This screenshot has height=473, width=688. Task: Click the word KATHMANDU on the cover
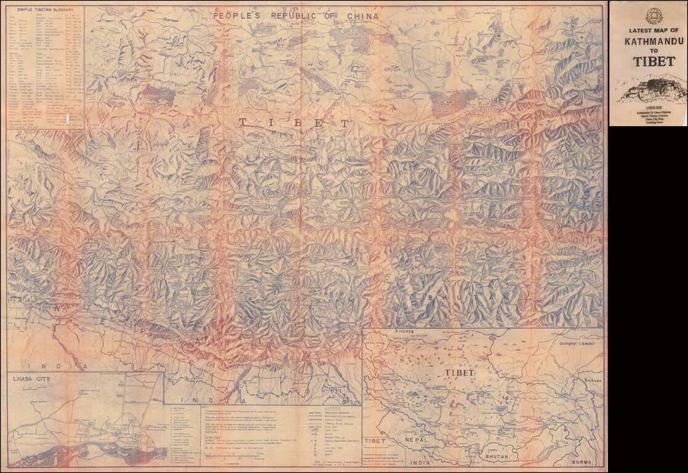click(649, 42)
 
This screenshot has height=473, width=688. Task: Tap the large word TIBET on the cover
click(649, 62)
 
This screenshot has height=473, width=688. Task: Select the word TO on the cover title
click(649, 52)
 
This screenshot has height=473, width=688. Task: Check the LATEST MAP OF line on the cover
click(649, 30)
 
